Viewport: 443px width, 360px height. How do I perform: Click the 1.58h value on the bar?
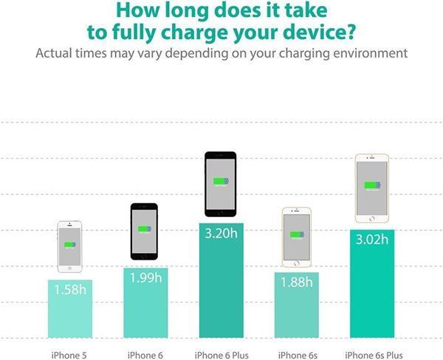(x=70, y=289)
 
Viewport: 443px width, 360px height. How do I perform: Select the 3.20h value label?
(x=221, y=235)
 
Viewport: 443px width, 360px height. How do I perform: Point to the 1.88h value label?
(x=296, y=282)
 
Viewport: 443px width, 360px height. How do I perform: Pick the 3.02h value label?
(x=372, y=240)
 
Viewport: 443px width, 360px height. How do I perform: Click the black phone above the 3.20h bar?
(x=221, y=184)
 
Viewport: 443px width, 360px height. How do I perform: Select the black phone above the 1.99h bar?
(x=145, y=231)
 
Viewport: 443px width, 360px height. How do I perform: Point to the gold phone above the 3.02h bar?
(x=372, y=187)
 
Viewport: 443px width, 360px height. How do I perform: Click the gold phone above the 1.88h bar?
(x=296, y=236)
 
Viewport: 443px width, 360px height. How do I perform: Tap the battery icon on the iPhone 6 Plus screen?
(x=221, y=181)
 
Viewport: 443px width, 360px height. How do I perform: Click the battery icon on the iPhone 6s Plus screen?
(x=372, y=185)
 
